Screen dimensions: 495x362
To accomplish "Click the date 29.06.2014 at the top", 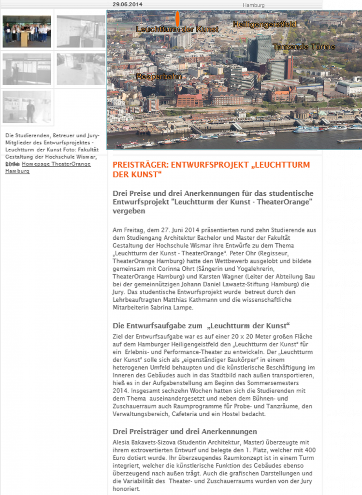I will coord(128,4).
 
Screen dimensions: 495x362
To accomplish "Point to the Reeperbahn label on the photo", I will coord(153,76).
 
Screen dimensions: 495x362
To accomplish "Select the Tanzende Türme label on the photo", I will coord(304,47).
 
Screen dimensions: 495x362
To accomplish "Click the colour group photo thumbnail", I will coord(27,31).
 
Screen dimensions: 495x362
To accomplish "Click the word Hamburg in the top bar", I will coord(254,5).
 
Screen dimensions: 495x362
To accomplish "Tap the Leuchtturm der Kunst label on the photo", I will coord(177,29).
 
